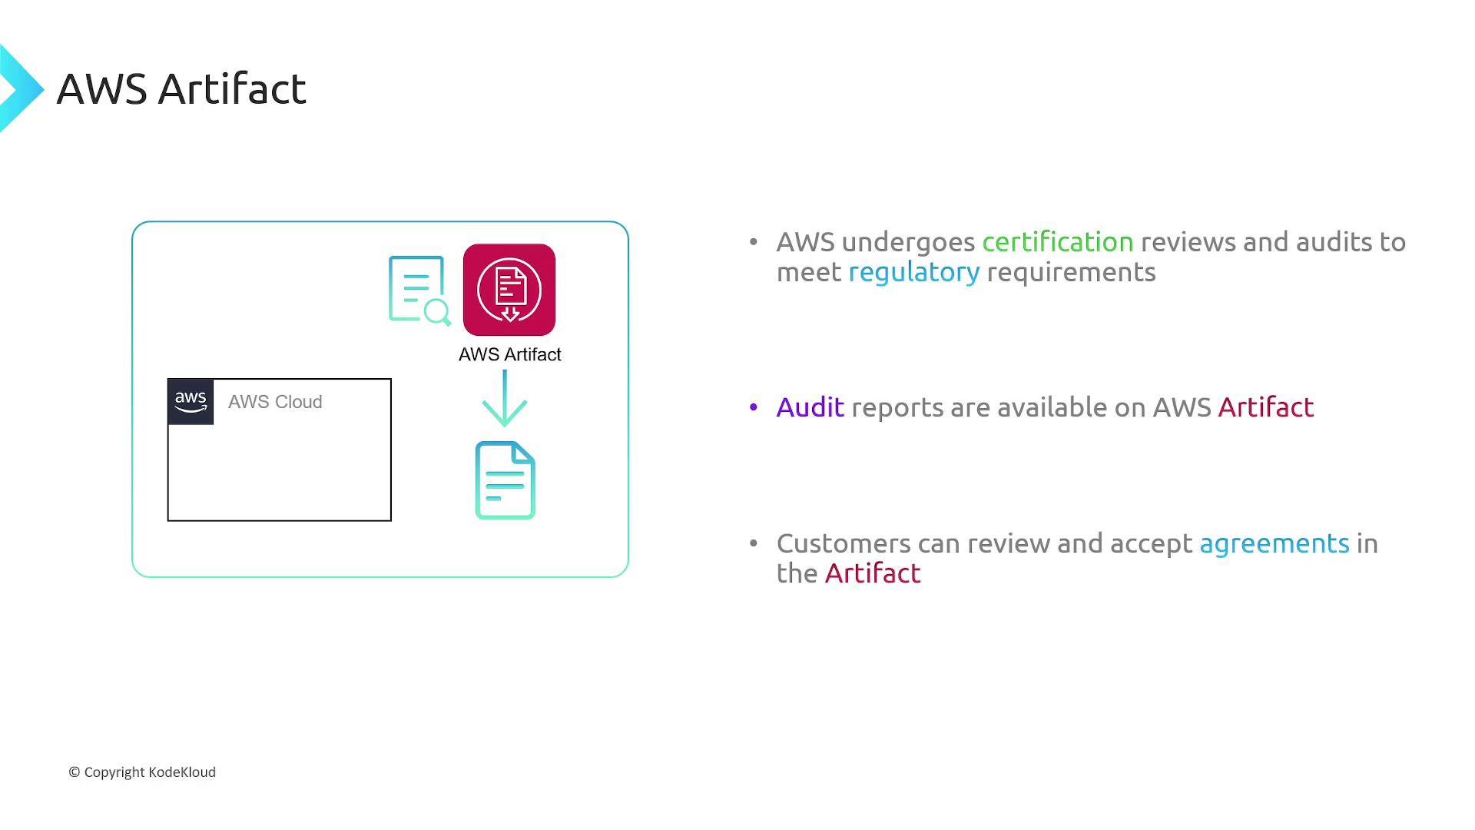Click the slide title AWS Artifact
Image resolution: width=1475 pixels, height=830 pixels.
point(181,89)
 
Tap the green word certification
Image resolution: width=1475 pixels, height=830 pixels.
point(1057,242)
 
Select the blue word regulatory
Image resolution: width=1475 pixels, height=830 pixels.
point(913,272)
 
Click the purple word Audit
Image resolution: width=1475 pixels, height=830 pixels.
point(810,407)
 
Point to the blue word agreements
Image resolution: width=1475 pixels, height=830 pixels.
point(1274,543)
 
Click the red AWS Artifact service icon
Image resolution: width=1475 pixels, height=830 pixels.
point(509,290)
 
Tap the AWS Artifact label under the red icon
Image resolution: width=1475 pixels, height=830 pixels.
point(509,354)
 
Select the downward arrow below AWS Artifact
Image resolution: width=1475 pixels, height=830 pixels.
point(505,399)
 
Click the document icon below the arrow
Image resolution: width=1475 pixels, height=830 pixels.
point(505,480)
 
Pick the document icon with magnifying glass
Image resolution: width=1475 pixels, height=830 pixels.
point(419,290)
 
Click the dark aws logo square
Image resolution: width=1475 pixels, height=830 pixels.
point(191,401)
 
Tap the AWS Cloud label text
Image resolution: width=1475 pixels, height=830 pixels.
point(275,402)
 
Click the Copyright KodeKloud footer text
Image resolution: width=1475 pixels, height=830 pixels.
point(142,772)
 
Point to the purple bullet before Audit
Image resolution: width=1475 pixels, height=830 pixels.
point(754,407)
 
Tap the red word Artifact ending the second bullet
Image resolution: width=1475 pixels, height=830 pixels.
point(1265,407)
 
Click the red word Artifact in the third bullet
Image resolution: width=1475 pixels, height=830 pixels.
point(872,573)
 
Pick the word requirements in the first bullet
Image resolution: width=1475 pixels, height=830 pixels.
point(1071,272)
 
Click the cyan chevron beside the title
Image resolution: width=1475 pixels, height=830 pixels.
point(20,89)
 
